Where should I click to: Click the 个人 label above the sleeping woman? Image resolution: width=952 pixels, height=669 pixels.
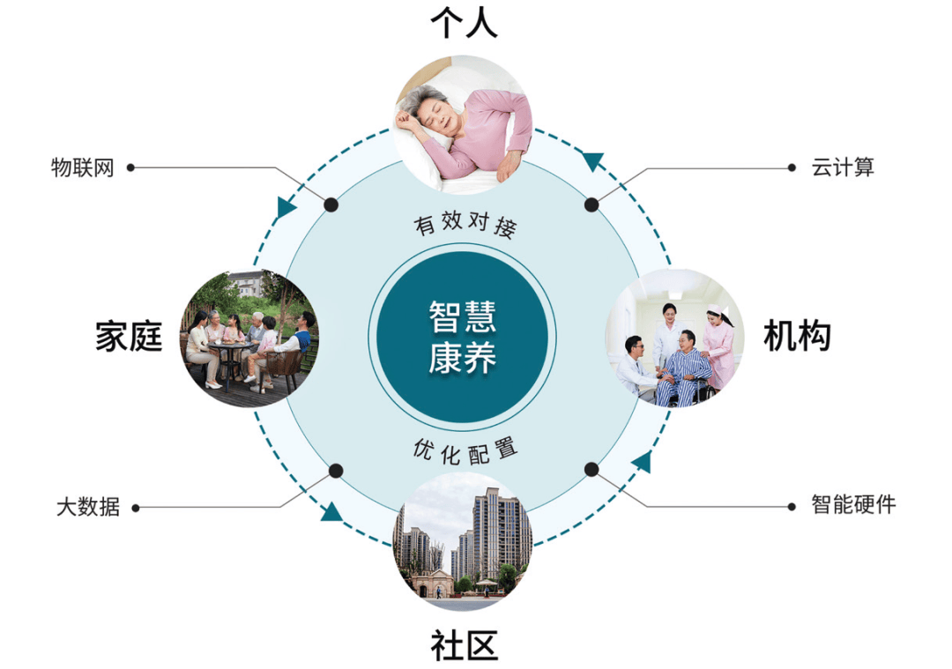point(464,24)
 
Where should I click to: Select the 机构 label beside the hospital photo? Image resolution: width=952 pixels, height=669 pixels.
point(797,336)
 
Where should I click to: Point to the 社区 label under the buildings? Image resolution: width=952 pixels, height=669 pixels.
point(464,645)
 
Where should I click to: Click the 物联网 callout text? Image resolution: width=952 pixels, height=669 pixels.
point(83,167)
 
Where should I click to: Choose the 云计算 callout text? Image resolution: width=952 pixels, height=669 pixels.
point(843,167)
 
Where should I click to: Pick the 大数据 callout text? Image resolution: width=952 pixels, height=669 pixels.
point(87,508)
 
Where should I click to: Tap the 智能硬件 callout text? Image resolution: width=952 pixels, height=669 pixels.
point(853,505)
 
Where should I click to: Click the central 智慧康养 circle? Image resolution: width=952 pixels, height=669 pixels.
point(462,337)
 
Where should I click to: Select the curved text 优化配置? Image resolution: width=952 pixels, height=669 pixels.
point(464,450)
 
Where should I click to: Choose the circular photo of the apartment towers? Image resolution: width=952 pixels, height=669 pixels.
point(464,543)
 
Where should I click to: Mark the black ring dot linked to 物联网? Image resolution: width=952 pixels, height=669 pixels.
point(331,204)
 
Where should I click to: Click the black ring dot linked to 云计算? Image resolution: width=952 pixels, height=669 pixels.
point(591,204)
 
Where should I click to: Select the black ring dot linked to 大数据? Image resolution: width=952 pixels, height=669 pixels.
point(335,470)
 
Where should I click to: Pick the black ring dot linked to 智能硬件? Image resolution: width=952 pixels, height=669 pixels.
point(591,470)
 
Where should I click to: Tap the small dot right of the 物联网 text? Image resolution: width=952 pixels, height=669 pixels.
point(130,167)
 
